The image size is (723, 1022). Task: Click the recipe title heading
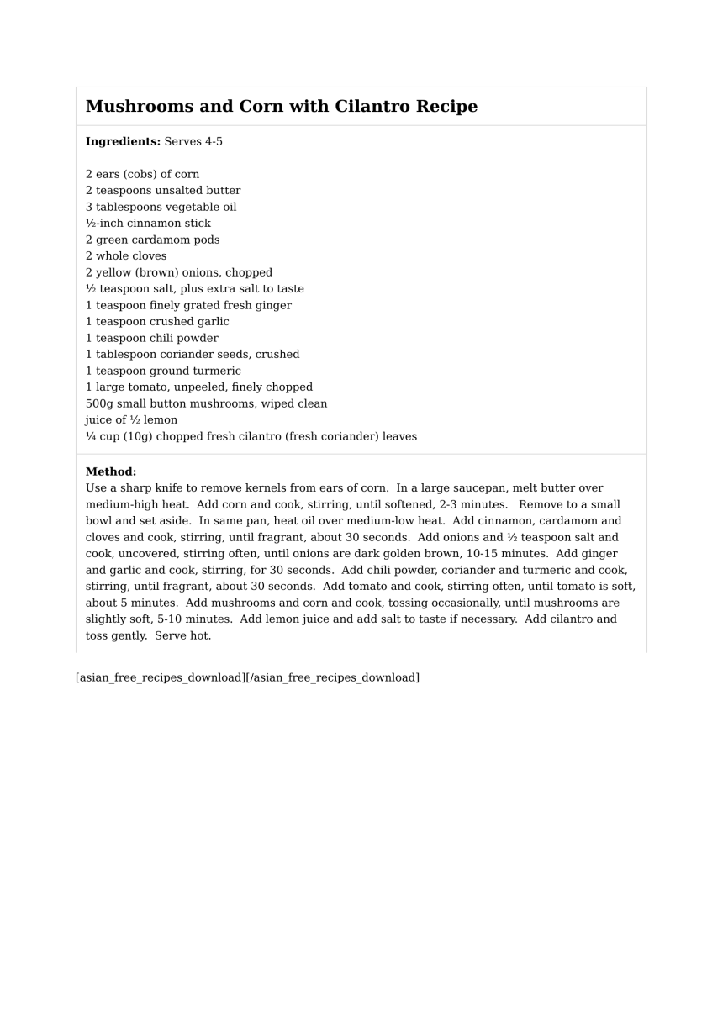(x=282, y=107)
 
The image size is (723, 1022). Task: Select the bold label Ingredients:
(x=123, y=141)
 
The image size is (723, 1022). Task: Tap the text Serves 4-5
(x=193, y=141)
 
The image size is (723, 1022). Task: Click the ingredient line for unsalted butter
(x=163, y=191)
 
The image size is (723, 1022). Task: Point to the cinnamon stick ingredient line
(x=148, y=224)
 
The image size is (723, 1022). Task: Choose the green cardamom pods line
(x=152, y=240)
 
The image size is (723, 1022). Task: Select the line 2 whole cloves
(x=126, y=256)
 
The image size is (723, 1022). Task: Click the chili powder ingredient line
(x=151, y=338)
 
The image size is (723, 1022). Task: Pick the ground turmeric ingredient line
(x=163, y=371)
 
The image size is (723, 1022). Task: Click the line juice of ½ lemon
(x=131, y=420)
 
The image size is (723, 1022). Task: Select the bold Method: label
(x=111, y=471)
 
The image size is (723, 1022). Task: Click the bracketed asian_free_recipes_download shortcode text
(x=247, y=677)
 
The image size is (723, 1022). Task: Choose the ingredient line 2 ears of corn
(x=142, y=175)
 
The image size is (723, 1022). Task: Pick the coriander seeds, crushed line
(x=193, y=355)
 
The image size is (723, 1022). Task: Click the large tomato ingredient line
(x=198, y=387)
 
